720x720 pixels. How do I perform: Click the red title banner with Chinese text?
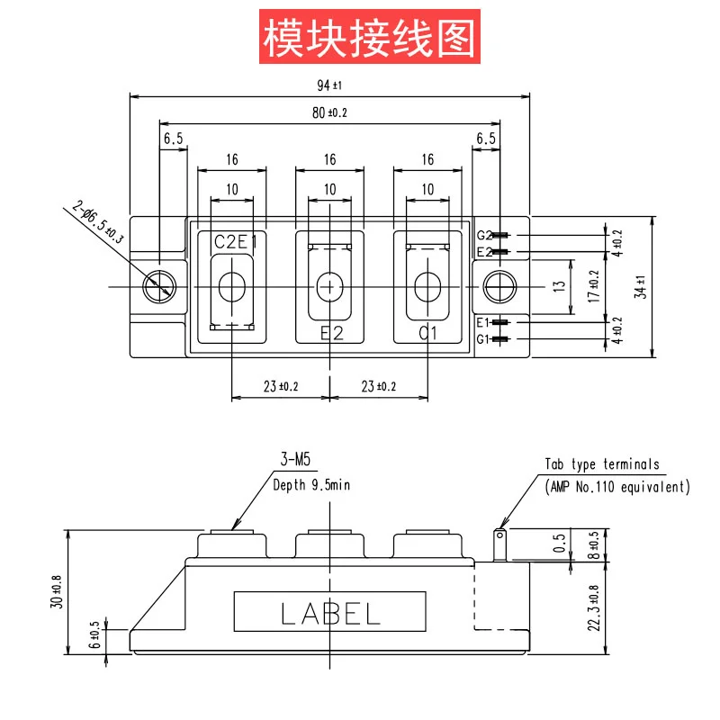[x=370, y=36]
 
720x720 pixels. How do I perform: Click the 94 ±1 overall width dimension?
[x=329, y=85]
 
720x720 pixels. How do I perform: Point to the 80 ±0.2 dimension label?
[x=329, y=112]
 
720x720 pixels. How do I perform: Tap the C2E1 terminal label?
[x=236, y=241]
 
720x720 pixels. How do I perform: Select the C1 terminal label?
[x=427, y=333]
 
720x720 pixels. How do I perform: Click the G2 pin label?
[x=484, y=236]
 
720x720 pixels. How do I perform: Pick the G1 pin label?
[x=483, y=339]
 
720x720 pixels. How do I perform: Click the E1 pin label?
[x=483, y=322]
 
